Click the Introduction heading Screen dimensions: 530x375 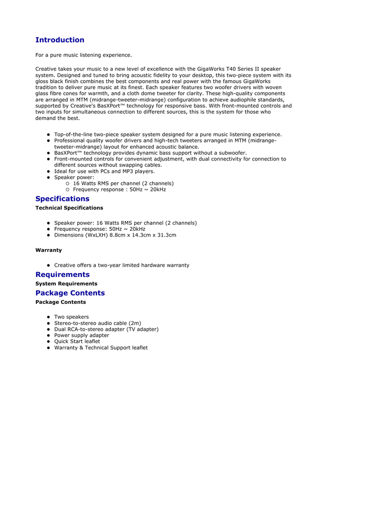60,40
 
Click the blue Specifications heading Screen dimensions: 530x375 62,199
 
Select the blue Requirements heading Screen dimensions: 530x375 62,274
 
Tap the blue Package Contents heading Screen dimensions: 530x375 70,293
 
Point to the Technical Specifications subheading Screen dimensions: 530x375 69,208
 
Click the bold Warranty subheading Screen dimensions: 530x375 48,250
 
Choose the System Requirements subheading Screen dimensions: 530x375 66,284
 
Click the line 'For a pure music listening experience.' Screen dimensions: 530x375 83,55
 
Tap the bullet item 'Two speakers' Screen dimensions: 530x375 71,317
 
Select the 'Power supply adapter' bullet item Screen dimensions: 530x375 81,335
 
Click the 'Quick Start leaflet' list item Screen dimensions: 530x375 77,342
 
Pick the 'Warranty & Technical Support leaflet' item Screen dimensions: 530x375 100,348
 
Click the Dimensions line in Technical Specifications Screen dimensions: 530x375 115,235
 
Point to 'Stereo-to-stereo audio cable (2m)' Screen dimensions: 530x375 97,323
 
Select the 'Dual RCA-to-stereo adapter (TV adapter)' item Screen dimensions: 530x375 106,329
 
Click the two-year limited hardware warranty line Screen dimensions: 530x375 122,266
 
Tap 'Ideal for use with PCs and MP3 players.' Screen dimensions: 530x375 104,171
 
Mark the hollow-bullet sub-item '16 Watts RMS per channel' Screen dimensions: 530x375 123,183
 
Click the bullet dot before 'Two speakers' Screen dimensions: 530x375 48,317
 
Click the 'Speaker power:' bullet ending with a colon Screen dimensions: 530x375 74,178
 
